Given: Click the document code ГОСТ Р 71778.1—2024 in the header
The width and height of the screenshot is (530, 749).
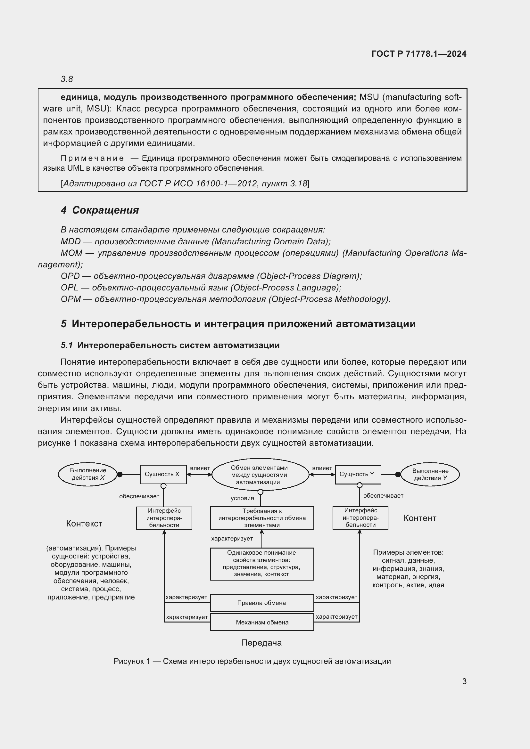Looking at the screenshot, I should click(419, 54).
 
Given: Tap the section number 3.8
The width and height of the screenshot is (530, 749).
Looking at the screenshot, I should click(67, 79).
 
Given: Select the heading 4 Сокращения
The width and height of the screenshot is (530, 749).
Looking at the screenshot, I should click(100, 210).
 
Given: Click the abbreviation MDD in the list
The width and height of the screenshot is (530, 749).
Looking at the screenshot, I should click(70, 241).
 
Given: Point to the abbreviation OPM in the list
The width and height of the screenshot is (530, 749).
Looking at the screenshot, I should click(70, 299).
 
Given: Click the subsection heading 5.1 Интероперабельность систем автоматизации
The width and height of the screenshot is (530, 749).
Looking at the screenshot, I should click(170, 345).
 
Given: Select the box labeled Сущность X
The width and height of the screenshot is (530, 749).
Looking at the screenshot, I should click(163, 474).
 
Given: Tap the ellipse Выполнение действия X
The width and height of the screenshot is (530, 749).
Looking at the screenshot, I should click(88, 474).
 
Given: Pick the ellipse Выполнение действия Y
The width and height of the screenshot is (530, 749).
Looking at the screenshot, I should click(430, 475).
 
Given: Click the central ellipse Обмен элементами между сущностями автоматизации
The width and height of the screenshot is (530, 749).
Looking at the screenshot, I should click(260, 475).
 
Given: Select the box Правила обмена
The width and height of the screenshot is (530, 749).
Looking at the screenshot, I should click(262, 603).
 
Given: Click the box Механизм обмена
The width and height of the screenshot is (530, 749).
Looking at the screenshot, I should click(262, 623).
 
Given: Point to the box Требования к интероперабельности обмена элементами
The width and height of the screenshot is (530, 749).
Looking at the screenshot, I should click(262, 518).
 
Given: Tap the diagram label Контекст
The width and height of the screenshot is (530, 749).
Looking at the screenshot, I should click(84, 524).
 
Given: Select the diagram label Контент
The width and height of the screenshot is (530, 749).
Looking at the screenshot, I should click(420, 518).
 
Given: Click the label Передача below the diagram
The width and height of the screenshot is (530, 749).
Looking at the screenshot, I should click(261, 643).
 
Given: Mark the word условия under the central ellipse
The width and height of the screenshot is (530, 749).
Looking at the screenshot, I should click(242, 498).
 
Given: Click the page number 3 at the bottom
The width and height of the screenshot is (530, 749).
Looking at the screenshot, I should click(464, 681).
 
